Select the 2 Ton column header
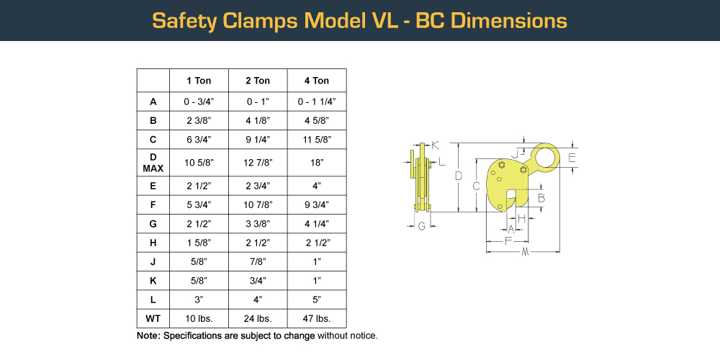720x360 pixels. coord(258,81)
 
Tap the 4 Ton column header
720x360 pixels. coord(317,81)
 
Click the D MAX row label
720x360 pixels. coord(153,163)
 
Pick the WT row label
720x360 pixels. coord(153,318)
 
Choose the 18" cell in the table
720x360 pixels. coord(317,163)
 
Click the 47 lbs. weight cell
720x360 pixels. coord(317,318)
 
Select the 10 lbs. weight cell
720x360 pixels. coord(199,318)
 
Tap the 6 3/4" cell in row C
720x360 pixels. coord(199,140)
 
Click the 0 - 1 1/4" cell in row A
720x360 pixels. coord(317,102)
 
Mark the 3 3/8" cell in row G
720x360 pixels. coord(258,224)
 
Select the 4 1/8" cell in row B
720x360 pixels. coord(258,120)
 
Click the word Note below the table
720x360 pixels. coord(148,336)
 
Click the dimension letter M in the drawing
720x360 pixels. coord(525,252)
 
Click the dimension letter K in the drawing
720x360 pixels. coord(436,145)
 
